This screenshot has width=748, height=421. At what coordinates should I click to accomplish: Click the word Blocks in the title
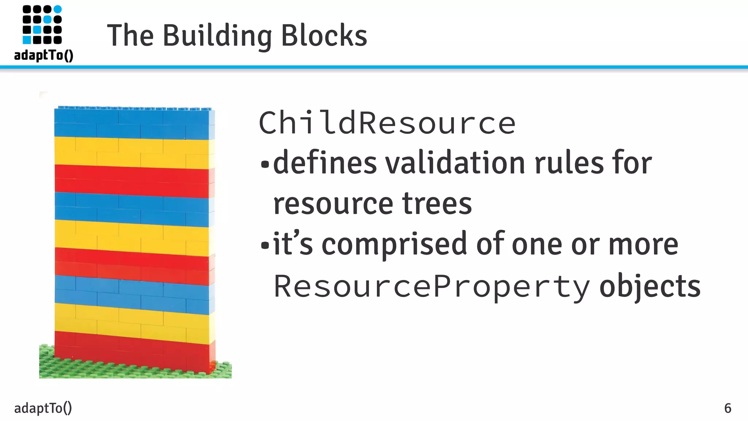(324, 36)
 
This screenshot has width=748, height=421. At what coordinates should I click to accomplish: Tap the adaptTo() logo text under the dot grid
(44, 55)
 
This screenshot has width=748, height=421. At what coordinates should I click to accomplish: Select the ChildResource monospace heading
(387, 123)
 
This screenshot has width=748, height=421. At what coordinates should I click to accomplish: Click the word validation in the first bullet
(455, 163)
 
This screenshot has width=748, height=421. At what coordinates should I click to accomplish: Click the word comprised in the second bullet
(394, 244)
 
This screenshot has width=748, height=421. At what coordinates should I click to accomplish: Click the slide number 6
(728, 408)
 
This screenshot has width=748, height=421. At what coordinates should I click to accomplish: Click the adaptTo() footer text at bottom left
(43, 408)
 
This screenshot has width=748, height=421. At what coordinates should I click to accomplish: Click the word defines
(325, 163)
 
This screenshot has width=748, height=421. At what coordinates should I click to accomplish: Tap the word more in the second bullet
(643, 244)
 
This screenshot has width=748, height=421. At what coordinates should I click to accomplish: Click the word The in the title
(130, 36)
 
